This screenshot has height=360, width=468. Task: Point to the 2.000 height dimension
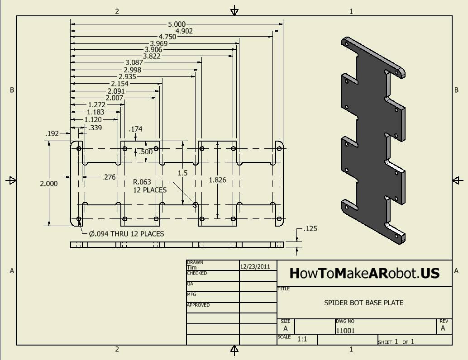click(x=49, y=184)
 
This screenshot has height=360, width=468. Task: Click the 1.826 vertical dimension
click(x=217, y=180)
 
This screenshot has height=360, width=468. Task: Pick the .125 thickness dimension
click(x=310, y=229)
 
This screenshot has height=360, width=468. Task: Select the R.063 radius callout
click(x=142, y=182)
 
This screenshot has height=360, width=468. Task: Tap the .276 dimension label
click(x=109, y=177)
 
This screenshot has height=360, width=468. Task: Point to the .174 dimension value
click(x=135, y=129)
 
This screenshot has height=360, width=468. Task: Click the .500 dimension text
click(x=146, y=152)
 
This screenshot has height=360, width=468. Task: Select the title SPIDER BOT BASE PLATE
click(x=363, y=303)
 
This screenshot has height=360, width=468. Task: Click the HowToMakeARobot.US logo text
click(x=364, y=273)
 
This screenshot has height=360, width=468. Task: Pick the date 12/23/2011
click(x=255, y=267)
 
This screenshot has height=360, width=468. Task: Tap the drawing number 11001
click(x=345, y=331)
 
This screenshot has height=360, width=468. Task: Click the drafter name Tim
click(x=191, y=267)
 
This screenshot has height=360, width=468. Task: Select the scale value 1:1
click(x=302, y=339)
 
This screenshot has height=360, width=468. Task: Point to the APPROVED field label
click(x=198, y=305)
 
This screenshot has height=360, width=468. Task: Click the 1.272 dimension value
click(x=97, y=104)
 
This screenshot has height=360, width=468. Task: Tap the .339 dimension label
click(x=95, y=128)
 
